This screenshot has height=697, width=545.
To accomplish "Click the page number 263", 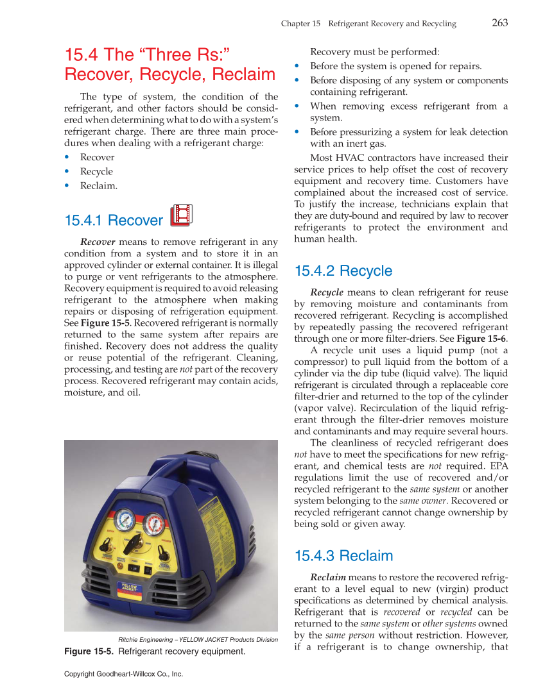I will [499, 23].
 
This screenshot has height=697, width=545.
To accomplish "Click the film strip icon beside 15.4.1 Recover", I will [181, 215].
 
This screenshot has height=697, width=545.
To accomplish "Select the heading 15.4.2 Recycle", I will [343, 271].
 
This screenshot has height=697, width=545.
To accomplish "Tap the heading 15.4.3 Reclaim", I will [343, 555].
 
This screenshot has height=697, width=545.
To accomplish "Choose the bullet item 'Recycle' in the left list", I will [96, 171].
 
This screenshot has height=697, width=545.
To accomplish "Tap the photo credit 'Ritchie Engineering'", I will [147, 639].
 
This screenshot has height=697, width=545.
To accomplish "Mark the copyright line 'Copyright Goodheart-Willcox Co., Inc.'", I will [124, 674].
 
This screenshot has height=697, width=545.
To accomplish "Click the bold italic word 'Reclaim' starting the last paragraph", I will [328, 576].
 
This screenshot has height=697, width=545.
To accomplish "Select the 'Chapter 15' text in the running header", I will [300, 24].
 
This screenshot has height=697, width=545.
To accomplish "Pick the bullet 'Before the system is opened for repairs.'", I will [395, 66].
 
